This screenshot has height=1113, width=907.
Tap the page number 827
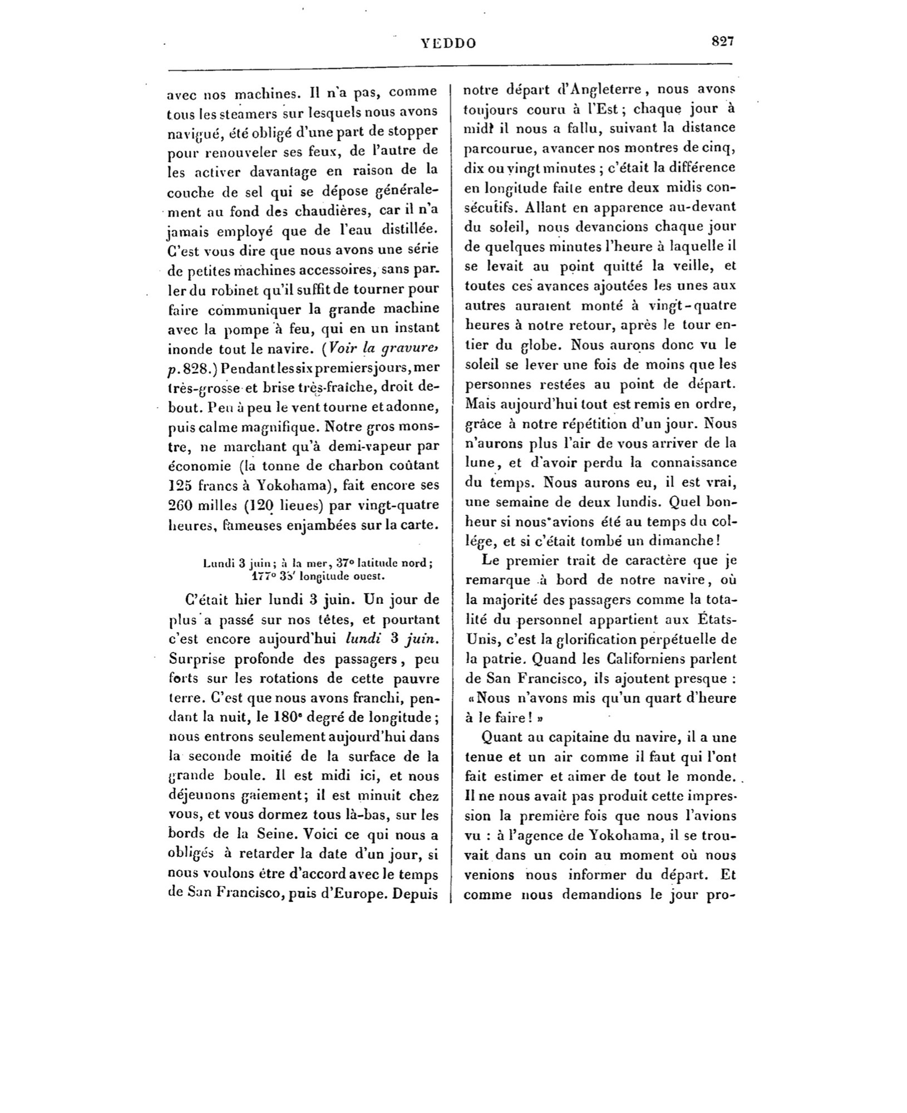pyautogui.click(x=722, y=42)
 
